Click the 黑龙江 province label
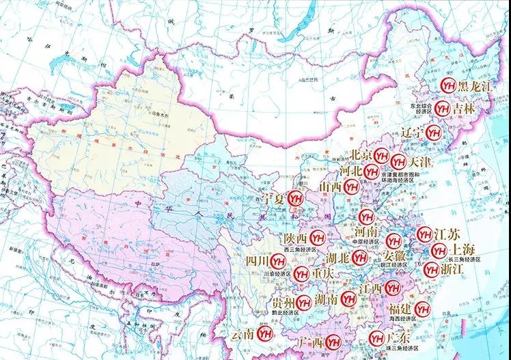tap(473, 87)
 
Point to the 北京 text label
tap(360, 154)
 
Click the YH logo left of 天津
tap(398, 163)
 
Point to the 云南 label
tap(243, 335)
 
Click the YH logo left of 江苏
tap(424, 233)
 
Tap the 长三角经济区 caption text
tap(465, 260)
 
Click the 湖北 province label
tap(339, 258)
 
